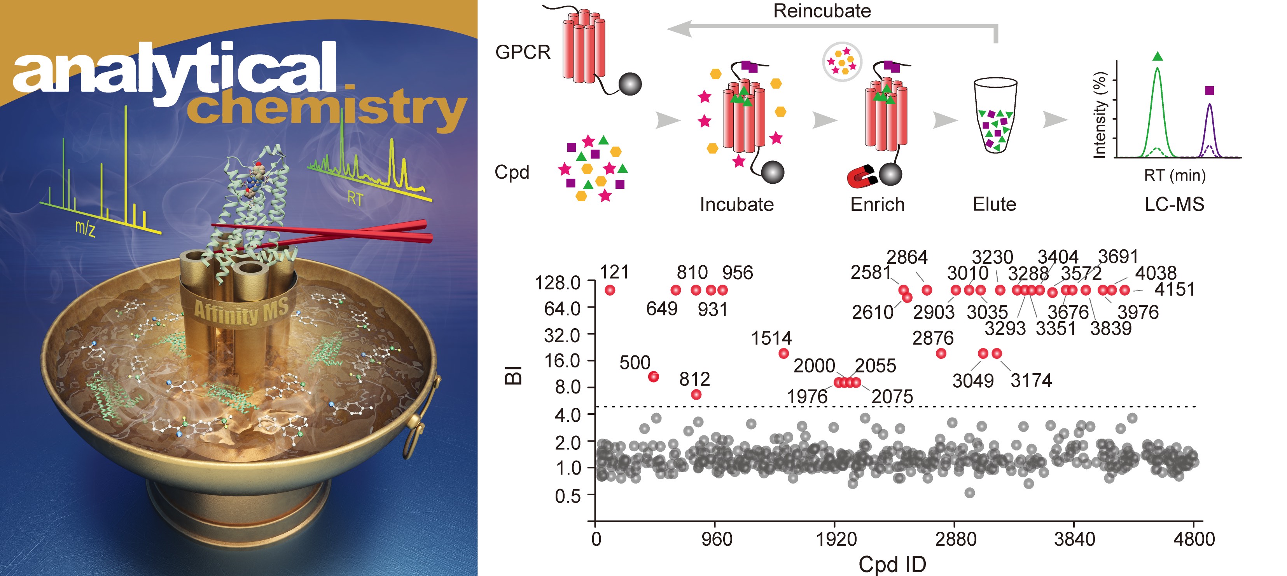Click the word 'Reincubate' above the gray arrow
point(822,11)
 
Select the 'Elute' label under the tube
point(994,204)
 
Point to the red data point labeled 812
point(696,394)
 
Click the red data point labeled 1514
point(783,353)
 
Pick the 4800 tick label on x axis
point(1194,539)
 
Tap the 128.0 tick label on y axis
point(558,284)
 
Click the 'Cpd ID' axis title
point(892,564)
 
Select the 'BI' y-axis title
point(514,375)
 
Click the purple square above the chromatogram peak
point(1209,90)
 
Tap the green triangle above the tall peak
point(1158,56)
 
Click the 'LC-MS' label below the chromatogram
point(1174,204)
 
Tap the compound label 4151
point(1175,289)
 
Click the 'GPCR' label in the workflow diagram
point(523,52)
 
